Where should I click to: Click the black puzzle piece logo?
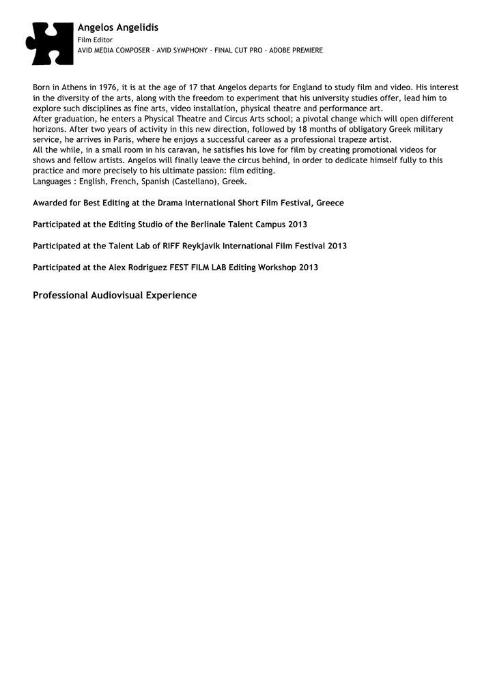click(49, 43)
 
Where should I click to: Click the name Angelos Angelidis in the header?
click(117, 27)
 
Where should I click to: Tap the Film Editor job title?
click(95, 40)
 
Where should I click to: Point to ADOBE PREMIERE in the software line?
click(296, 51)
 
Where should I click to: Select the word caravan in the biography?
click(181, 149)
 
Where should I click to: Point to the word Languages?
click(53, 182)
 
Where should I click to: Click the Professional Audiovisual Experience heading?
click(115, 296)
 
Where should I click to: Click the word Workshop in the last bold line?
click(273, 267)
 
